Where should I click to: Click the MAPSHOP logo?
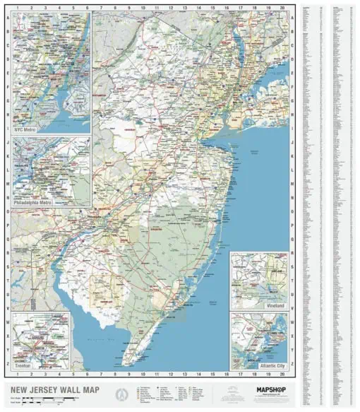[x=266, y=389]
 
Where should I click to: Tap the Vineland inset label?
[x=275, y=306]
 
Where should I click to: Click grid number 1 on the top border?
[x=17, y=8]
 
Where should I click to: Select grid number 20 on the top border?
[x=282, y=8]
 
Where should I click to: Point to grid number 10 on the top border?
[x=143, y=8]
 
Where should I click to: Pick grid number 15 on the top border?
[x=212, y=8]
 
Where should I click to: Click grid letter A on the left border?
[x=8, y=16]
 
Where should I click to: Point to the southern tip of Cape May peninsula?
[x=124, y=365]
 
